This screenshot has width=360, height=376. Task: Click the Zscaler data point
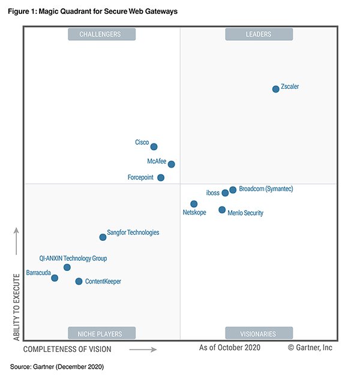(276, 89)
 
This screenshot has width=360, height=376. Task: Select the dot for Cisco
(154, 147)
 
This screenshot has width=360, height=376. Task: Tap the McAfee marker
(172, 164)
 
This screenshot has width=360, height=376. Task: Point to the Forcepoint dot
(161, 178)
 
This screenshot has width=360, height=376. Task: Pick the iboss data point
(225, 193)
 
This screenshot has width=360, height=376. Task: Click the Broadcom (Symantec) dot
(233, 190)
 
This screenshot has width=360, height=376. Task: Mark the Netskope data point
(194, 204)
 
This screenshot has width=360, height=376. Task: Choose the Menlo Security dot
(222, 210)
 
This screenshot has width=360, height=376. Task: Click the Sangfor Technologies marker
(103, 237)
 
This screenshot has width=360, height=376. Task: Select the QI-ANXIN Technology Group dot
(67, 267)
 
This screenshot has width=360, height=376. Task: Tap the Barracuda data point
(55, 278)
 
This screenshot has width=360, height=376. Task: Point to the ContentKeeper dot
(79, 281)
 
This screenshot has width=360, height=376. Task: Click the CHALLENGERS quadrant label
(101, 34)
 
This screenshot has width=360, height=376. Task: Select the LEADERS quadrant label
(259, 34)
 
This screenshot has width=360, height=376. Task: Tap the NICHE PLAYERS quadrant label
(101, 333)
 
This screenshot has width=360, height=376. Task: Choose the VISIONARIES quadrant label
(259, 333)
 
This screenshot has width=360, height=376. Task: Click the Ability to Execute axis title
(17, 306)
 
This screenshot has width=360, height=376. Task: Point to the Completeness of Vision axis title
(67, 348)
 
